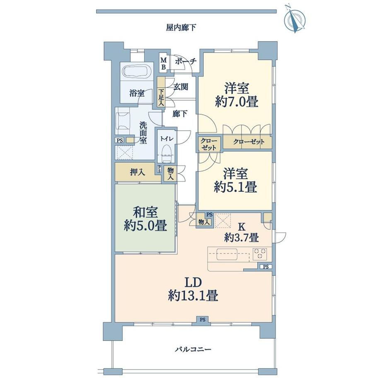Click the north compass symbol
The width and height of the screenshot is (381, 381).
pyautogui.click(x=295, y=19)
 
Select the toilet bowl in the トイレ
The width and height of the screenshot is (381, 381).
pyautogui.click(x=166, y=153)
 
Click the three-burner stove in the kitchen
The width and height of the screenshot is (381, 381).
pyautogui.click(x=260, y=254)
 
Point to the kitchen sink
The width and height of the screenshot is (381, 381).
pyautogui.click(x=227, y=254)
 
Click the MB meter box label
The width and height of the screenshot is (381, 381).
pyautogui.click(x=164, y=63)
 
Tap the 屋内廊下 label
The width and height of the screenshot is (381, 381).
pyautogui.click(x=181, y=28)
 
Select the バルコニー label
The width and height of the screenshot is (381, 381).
pyautogui.click(x=193, y=350)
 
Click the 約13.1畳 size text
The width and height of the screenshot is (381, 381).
pyautogui.click(x=193, y=296)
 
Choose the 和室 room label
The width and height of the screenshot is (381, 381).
pyautogui.click(x=145, y=212)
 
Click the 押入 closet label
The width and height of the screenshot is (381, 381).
pyautogui.click(x=137, y=172)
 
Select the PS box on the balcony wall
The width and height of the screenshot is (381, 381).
pyautogui.click(x=203, y=320)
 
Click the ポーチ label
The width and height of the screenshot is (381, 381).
pyautogui.click(x=186, y=61)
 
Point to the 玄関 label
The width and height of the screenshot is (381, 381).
pyautogui.click(x=181, y=87)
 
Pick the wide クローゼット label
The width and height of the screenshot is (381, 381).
pyautogui.click(x=249, y=142)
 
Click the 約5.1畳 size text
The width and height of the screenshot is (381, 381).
pyautogui.click(x=236, y=187)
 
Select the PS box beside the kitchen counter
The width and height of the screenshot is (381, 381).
pyautogui.click(x=266, y=267)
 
